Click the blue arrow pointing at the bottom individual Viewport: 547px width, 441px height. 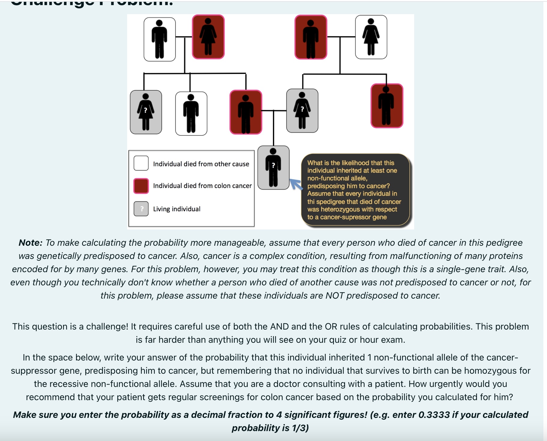tap(296, 184)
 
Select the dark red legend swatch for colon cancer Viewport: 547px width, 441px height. tap(141, 186)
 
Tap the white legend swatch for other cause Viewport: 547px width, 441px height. tap(141, 163)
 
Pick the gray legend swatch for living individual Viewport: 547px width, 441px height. tap(141, 209)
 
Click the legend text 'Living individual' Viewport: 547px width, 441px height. tap(177, 209)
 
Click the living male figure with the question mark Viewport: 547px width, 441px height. tap(273, 168)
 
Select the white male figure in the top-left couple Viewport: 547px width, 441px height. tap(160, 39)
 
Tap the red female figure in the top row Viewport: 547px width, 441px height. tap(208, 37)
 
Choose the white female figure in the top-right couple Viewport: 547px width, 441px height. tap(371, 37)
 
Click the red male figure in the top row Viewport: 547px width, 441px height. tap(311, 37)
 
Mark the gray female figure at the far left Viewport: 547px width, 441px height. tap(146, 112)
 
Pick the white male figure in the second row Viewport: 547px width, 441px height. tap(191, 114)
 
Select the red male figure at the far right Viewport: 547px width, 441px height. tap(387, 106)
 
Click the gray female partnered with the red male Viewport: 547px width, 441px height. tap(302, 111)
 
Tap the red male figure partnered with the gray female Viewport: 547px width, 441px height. tap(246, 112)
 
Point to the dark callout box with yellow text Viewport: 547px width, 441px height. tap(355, 190)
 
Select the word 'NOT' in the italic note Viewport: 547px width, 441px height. tap(335, 296)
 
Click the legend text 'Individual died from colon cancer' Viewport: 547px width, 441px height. tap(202, 186)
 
